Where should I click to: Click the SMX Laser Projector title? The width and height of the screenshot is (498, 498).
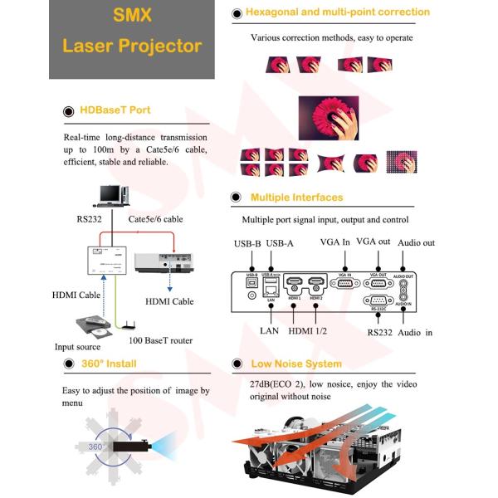(132, 32)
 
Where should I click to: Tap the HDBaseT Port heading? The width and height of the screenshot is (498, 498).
(115, 110)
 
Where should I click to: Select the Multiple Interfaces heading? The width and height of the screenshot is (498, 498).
(296, 198)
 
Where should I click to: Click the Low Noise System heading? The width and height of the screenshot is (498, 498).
(295, 364)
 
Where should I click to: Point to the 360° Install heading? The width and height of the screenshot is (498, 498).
(109, 364)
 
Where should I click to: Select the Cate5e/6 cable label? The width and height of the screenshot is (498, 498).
(155, 219)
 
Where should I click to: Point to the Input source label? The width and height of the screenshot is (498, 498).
(77, 347)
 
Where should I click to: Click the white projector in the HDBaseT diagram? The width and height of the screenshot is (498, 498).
(165, 264)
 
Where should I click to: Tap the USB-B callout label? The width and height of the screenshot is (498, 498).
(247, 243)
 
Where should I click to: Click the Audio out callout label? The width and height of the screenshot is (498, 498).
(416, 242)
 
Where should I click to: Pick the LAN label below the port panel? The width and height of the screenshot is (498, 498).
(269, 331)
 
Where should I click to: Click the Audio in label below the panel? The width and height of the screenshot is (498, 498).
(417, 332)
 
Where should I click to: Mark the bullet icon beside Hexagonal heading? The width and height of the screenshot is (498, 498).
(237, 12)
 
